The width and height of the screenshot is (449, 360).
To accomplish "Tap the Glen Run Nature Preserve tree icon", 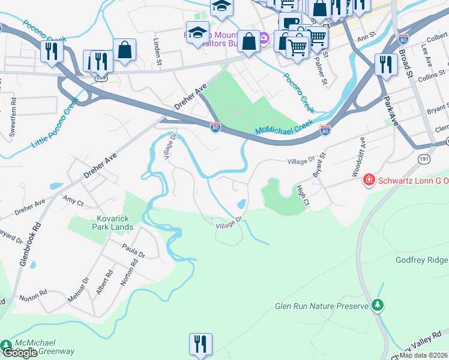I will [x=378, y=305].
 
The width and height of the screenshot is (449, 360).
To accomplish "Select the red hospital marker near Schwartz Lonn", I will [x=369, y=180].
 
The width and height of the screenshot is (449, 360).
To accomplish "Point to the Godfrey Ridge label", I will [x=422, y=260].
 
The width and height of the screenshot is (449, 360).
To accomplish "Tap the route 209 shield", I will [x=101, y=77].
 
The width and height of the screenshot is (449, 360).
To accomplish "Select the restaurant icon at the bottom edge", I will [x=199, y=344].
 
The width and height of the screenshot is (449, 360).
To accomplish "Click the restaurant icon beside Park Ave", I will [x=385, y=64].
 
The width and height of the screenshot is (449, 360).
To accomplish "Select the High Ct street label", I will [x=302, y=194].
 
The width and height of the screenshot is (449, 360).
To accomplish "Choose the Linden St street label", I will [x=157, y=51].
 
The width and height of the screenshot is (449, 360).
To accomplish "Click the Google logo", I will [x=20, y=353].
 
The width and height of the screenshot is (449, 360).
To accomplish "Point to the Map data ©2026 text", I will [x=424, y=355].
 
